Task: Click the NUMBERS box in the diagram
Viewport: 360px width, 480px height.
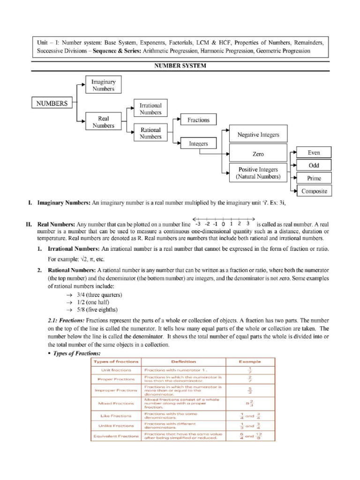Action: click(x=52, y=103)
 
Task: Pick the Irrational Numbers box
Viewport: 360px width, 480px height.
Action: click(x=150, y=109)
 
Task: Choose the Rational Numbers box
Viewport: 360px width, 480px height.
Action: click(x=150, y=133)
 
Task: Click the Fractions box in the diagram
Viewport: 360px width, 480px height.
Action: click(x=198, y=120)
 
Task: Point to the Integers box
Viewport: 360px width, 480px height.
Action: click(x=198, y=144)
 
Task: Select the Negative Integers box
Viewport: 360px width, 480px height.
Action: click(x=258, y=135)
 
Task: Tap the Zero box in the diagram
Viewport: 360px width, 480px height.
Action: click(x=258, y=154)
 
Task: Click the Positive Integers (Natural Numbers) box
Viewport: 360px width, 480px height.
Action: click(x=258, y=173)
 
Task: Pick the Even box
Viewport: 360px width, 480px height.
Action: click(x=314, y=152)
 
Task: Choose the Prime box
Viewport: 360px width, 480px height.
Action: click(x=314, y=178)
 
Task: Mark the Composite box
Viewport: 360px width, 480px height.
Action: click(x=314, y=191)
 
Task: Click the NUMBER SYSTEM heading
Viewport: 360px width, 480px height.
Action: click(x=180, y=66)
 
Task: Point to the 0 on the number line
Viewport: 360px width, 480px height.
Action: click(x=223, y=224)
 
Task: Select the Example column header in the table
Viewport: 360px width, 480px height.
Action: click(x=250, y=361)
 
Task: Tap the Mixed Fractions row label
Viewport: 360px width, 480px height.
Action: click(x=116, y=403)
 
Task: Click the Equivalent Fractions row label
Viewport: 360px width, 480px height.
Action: click(x=116, y=436)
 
